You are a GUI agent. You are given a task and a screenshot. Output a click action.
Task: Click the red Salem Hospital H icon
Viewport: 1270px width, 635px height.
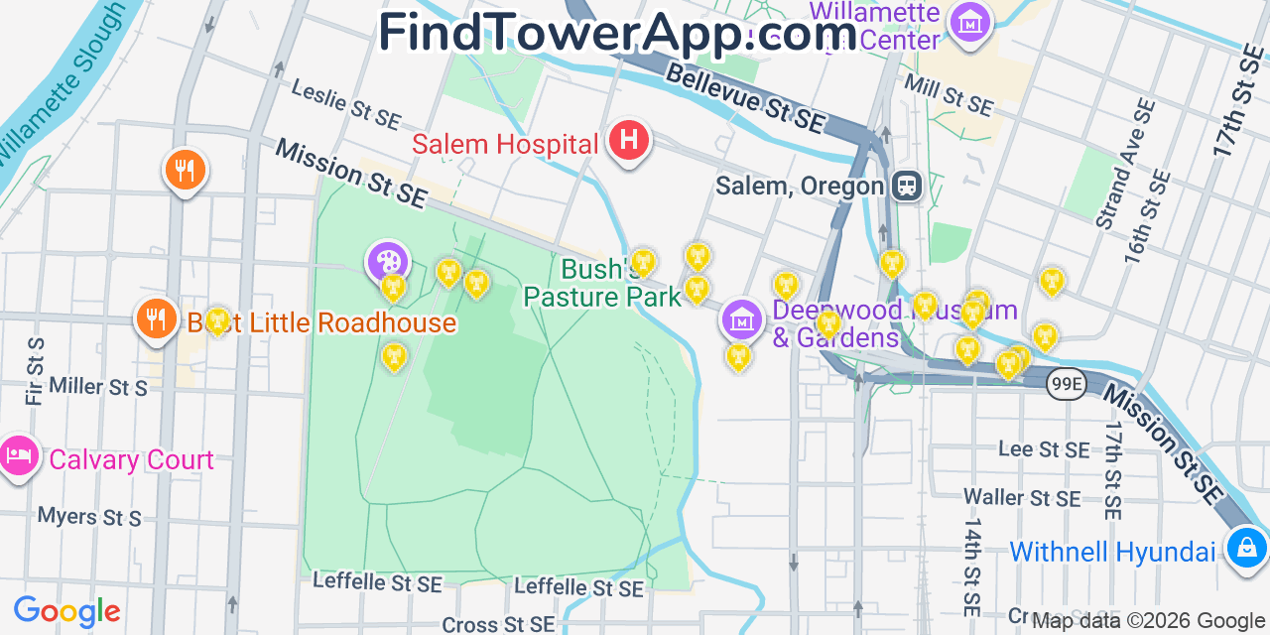click(628, 142)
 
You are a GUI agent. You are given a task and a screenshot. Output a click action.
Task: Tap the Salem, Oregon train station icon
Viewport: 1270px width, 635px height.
click(906, 186)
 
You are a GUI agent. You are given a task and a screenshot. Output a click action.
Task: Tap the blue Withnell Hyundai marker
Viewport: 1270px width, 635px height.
click(1245, 547)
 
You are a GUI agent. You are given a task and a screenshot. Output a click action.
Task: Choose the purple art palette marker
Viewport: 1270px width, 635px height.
click(386, 262)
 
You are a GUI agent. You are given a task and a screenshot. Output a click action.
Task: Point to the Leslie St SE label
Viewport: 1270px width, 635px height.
click(345, 103)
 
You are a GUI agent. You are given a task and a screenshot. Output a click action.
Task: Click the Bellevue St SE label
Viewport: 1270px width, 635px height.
click(745, 99)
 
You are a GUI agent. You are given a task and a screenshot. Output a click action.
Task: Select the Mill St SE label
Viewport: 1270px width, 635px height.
click(948, 91)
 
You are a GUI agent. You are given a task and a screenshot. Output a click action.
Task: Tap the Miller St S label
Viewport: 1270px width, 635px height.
click(98, 386)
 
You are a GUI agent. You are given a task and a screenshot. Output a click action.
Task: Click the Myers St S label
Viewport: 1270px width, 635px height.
click(89, 517)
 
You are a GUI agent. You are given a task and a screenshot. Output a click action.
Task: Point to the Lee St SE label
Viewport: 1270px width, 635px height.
click(1043, 449)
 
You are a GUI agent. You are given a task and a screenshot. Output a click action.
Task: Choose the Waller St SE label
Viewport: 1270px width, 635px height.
click(1022, 497)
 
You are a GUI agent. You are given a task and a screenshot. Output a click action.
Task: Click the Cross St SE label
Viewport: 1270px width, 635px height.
click(498, 624)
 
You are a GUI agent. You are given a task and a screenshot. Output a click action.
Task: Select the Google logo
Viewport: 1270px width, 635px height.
click(66, 611)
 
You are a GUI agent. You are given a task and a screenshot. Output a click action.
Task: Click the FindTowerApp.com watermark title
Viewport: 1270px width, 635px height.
click(617, 32)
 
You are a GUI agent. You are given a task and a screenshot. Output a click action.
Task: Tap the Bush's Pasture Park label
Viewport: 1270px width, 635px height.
click(602, 283)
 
